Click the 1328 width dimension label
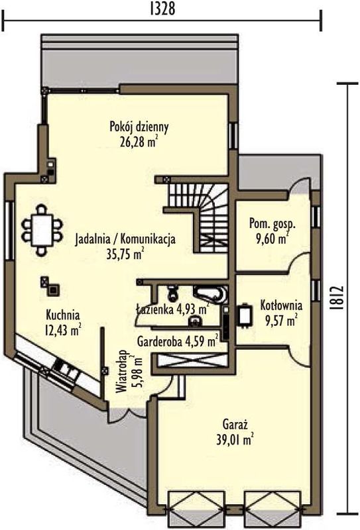[162, 9]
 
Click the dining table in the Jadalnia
[42, 229]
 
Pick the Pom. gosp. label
[272, 224]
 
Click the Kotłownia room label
[281, 305]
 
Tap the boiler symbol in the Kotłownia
[245, 315]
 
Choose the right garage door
[272, 504]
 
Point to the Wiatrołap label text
[121, 371]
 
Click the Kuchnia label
[63, 315]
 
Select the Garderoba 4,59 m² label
[177, 341]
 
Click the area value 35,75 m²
[125, 254]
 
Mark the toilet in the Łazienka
[172, 293]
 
